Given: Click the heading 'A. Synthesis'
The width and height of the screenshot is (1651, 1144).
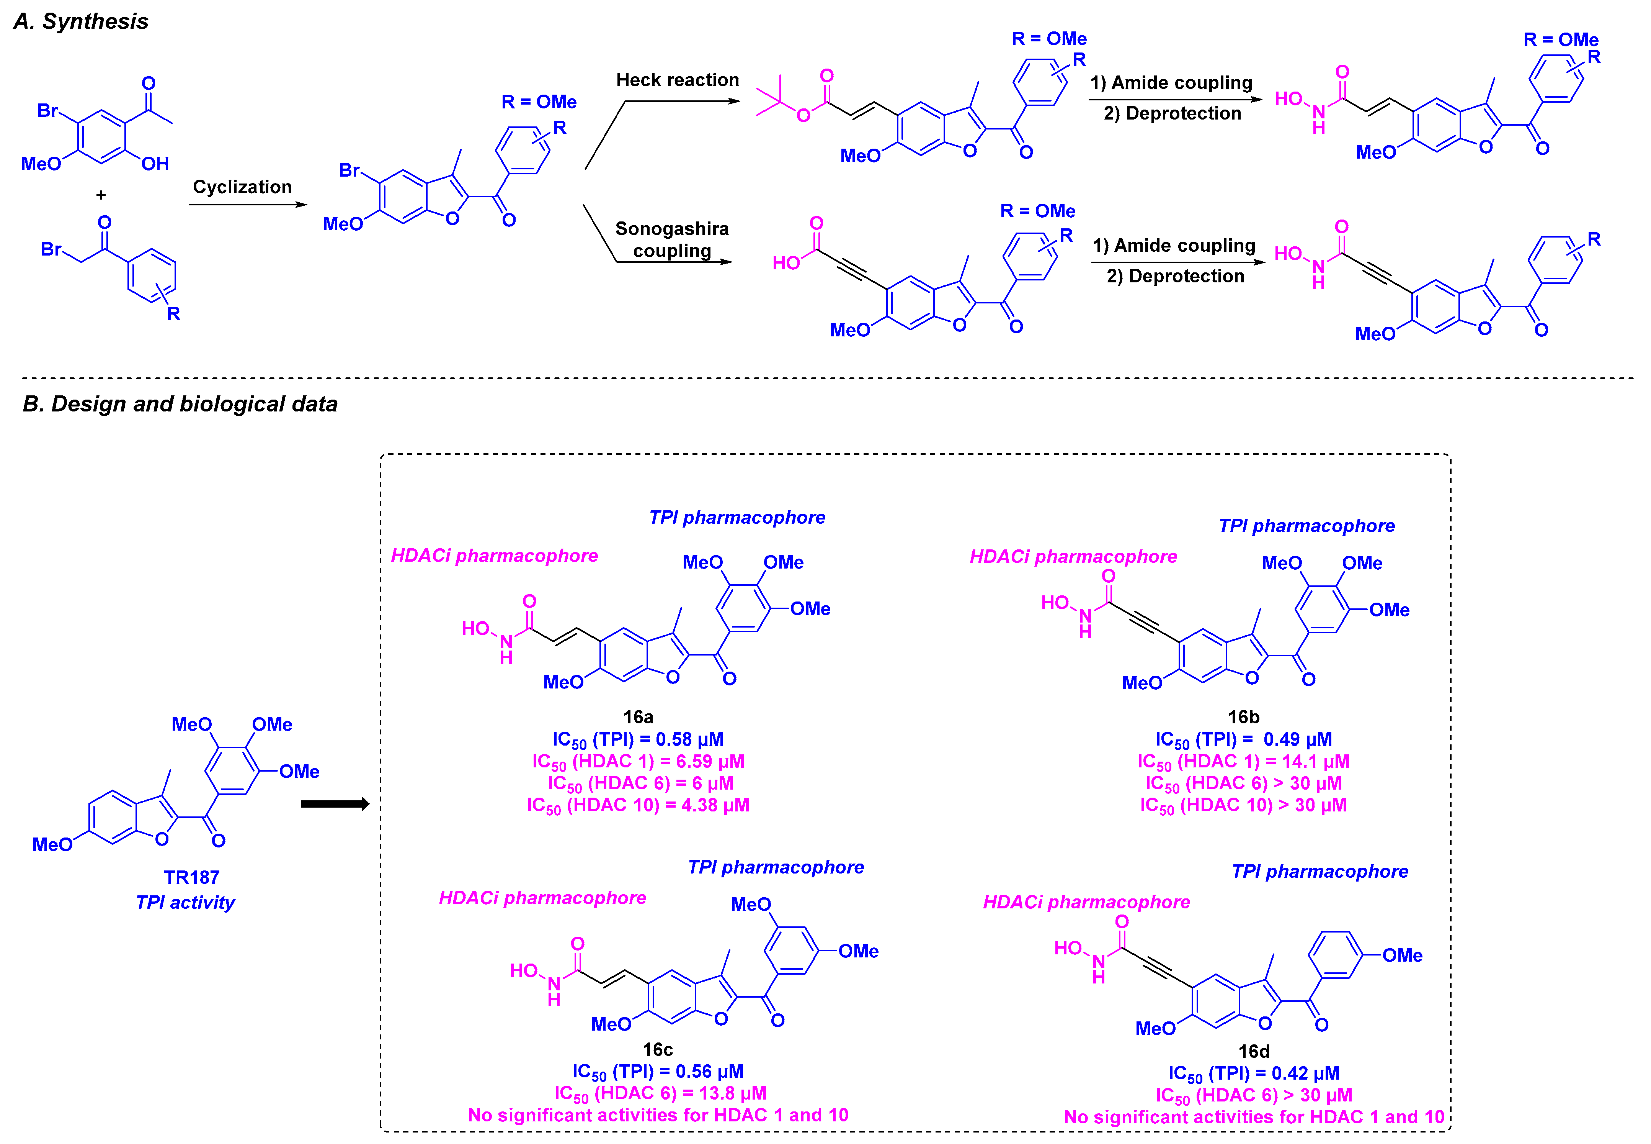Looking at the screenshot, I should [x=81, y=21].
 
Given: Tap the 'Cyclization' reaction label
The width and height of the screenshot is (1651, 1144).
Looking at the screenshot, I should [x=242, y=187].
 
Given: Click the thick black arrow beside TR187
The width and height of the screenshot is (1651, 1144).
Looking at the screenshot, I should [x=335, y=803].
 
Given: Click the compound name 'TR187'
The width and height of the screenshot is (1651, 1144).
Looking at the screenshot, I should [x=191, y=877].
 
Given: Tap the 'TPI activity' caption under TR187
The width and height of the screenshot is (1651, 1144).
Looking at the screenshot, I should [x=186, y=902].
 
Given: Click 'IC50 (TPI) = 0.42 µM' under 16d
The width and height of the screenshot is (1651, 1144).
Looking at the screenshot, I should [x=1254, y=1073].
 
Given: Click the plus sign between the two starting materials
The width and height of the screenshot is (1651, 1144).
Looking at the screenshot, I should [x=101, y=195].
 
